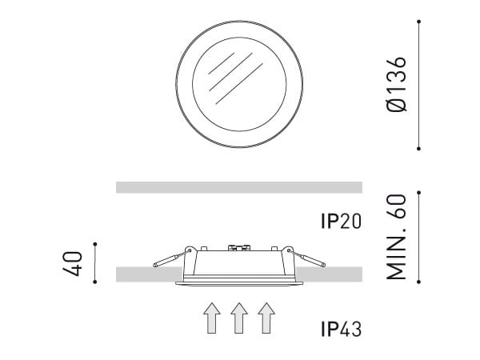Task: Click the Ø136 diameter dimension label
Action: coord(397,84)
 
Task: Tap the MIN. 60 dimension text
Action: coord(397,237)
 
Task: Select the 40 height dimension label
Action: coord(73,263)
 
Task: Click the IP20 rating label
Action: coord(341,221)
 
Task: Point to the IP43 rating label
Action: coord(341,329)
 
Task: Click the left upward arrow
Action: coord(212,318)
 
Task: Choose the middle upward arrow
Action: coord(239,318)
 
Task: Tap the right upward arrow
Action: coord(266,318)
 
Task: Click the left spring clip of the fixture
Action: coord(171,259)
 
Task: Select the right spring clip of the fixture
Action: coord(306,259)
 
